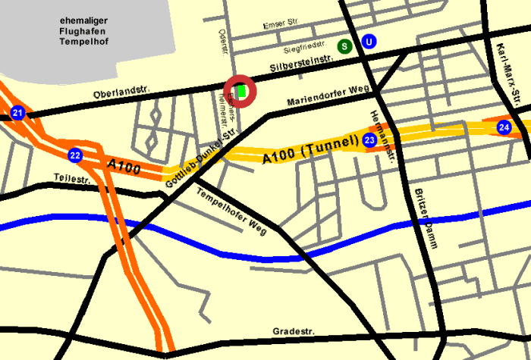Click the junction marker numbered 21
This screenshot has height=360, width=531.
(17, 114)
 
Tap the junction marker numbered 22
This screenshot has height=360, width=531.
(74, 155)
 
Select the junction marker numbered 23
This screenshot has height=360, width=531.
(369, 140)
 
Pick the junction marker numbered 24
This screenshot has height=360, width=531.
(504, 127)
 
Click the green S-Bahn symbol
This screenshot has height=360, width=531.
(344, 45)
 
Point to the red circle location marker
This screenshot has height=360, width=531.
(241, 92)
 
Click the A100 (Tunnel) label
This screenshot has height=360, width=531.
(309, 149)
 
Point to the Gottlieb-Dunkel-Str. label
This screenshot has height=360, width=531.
(200, 155)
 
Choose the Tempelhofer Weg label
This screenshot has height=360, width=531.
(231, 211)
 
